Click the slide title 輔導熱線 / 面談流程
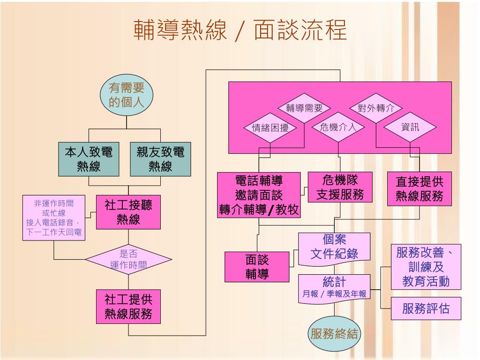tap(240, 31)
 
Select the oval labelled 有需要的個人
tap(126, 95)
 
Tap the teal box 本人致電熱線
tap(89, 159)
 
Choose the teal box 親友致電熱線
tap(160, 159)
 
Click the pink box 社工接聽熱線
tap(128, 212)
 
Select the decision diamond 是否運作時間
tap(128, 259)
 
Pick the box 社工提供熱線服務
tap(128, 307)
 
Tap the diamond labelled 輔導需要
tap(305, 108)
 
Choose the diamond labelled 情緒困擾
tap(270, 127)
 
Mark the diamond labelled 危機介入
tap(338, 127)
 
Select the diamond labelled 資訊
tap(410, 127)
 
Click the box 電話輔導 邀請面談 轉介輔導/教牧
tap(259, 195)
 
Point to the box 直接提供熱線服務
tap(419, 188)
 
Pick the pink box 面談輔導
tap(257, 267)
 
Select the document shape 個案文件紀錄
tap(334, 247)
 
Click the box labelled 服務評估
tap(426, 308)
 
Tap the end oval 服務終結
tap(334, 334)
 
